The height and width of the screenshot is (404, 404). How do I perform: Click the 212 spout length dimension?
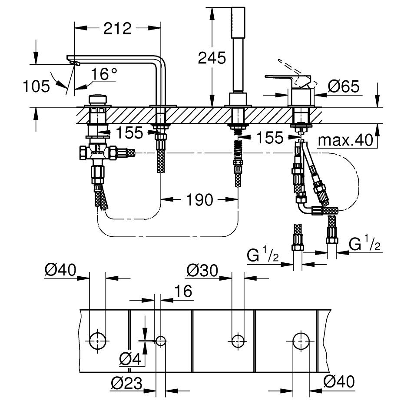click(x=117, y=29)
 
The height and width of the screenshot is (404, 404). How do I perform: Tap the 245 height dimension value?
click(x=212, y=57)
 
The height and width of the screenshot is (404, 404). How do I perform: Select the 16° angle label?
click(x=104, y=74)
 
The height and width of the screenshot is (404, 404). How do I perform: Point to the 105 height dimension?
click(x=36, y=86)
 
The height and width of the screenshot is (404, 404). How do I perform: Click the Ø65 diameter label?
click(x=344, y=87)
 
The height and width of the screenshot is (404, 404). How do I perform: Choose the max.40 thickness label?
click(x=346, y=140)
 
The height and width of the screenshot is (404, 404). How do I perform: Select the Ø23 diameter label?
click(x=126, y=383)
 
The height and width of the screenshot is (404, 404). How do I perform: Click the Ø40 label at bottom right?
click(x=339, y=383)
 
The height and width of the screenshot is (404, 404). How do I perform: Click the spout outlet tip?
click(x=75, y=64)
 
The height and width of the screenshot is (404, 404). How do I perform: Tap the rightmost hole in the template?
click(x=300, y=341)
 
